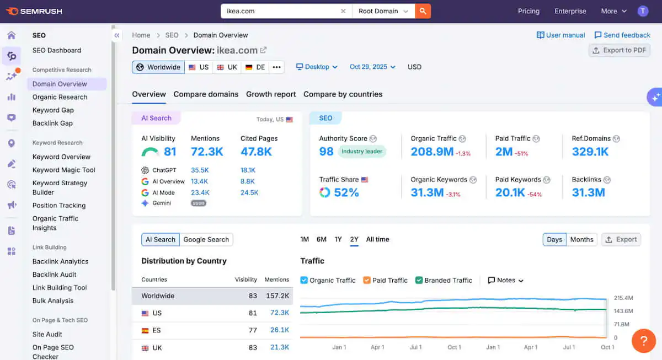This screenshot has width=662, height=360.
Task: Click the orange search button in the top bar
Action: tap(423, 11)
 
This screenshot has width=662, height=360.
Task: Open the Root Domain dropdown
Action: tap(383, 11)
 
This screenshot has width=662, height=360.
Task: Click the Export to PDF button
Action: tap(619, 50)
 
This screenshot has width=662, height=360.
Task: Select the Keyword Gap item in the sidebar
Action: tap(53, 110)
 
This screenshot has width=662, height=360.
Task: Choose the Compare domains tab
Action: tap(206, 94)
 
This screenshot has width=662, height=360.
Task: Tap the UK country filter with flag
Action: tap(227, 67)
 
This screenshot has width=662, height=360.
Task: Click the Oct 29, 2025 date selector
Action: tap(372, 67)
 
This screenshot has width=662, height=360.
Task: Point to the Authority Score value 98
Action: tap(327, 152)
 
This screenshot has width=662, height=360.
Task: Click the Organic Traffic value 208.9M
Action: tap(432, 152)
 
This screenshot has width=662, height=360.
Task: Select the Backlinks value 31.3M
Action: tap(588, 192)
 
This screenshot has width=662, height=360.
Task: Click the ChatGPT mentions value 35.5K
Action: tap(200, 170)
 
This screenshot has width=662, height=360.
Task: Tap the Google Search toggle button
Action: tap(206, 240)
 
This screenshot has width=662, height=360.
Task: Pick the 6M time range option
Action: tap(321, 239)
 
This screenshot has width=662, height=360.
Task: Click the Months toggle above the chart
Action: tap(581, 240)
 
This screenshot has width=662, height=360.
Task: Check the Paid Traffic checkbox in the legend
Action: tap(367, 280)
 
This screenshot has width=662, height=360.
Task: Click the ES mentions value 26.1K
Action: tap(280, 330)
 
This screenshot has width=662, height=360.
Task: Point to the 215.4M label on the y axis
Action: tap(623, 298)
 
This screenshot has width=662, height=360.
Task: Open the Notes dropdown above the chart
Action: tap(505, 280)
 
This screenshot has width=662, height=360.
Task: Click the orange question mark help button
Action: tap(643, 341)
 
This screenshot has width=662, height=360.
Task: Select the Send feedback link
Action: tap(622, 35)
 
